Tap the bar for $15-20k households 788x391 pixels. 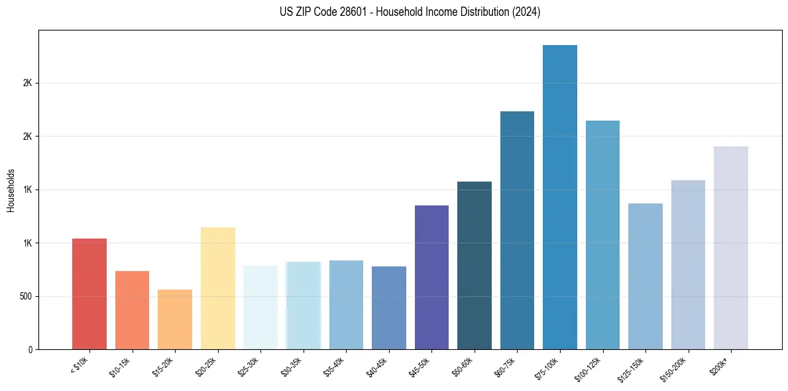[175, 319]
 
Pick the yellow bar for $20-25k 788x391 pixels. [218, 288]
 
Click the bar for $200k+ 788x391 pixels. [731, 248]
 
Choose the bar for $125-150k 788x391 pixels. [646, 276]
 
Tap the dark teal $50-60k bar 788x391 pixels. [475, 265]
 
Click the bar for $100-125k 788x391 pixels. [602, 235]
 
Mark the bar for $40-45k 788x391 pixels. [389, 307]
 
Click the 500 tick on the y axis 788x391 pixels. [26, 296]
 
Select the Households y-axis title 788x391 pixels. [11, 190]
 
